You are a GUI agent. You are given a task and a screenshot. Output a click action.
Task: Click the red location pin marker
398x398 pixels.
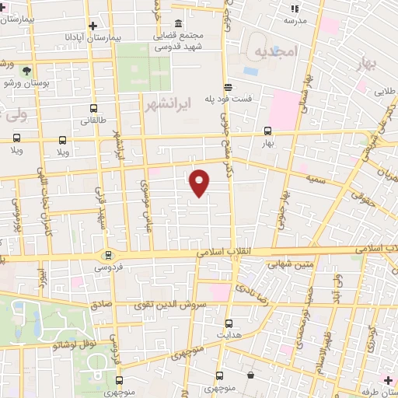click(x=200, y=183)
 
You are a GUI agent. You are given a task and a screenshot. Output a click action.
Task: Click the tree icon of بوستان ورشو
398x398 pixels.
click(x=28, y=70)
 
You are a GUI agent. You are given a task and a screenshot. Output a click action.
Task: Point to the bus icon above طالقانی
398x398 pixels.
click(x=94, y=109)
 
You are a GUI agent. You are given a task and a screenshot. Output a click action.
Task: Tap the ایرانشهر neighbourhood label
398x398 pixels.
click(x=164, y=104)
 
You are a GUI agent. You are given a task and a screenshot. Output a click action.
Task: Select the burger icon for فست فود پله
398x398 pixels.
click(x=228, y=87)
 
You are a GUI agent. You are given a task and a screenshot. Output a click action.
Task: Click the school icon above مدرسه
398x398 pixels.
click(x=293, y=9)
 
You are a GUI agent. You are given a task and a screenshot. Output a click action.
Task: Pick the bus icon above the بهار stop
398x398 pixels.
click(x=268, y=131)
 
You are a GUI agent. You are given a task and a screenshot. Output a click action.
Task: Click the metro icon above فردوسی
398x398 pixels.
click(x=107, y=254)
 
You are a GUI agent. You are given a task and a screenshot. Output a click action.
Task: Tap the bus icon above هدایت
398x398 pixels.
click(x=229, y=323)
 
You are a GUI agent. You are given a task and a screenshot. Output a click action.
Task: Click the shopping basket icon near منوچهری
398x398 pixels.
click(x=250, y=375)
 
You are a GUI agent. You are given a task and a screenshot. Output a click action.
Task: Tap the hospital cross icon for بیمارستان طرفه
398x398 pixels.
click(x=388, y=380)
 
